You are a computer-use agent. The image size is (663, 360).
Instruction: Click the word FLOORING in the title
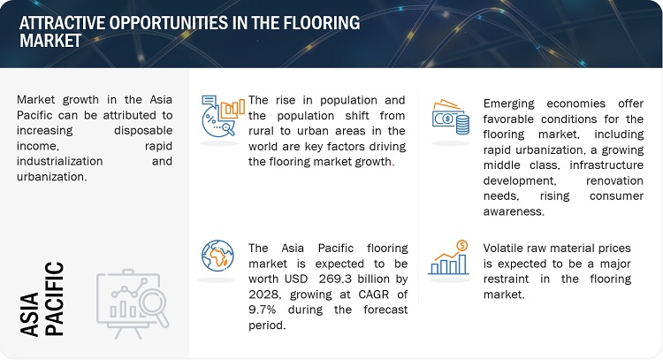(322, 23)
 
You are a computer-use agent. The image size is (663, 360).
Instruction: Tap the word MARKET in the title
(50, 41)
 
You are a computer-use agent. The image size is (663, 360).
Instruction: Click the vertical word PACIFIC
(55, 299)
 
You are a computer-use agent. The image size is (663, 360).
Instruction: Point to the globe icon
(217, 256)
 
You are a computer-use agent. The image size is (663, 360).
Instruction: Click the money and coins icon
(450, 117)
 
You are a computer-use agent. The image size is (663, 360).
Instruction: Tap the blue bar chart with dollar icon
(448, 257)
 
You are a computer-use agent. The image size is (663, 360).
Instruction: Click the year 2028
(263, 295)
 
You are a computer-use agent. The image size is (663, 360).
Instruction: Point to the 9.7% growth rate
(263, 310)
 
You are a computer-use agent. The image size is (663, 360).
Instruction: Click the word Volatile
(504, 248)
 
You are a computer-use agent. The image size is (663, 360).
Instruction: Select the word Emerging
(509, 104)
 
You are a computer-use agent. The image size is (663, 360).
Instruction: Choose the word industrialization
(59, 161)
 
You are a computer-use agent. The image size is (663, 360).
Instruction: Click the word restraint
(507, 280)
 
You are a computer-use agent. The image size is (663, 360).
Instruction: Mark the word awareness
(514, 211)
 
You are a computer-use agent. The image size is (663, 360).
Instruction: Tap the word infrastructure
(606, 165)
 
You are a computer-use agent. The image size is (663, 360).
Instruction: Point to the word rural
(261, 131)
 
